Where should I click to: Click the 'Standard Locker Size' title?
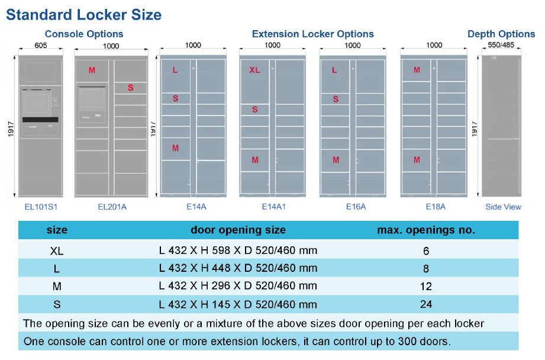point(83,14)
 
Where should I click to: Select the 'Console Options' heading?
point(84,34)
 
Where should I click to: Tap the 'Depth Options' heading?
point(501,34)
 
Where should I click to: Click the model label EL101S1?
point(41,207)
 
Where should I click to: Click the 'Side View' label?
point(503,207)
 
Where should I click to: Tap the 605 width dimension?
point(41,45)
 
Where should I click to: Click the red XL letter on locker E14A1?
point(254,70)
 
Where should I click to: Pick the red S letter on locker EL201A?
point(130,88)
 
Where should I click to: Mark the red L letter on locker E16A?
point(335,70)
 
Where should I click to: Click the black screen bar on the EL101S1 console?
point(40,120)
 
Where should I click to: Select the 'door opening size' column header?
point(238,230)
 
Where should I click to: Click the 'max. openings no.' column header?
point(426,230)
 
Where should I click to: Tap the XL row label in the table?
point(57,250)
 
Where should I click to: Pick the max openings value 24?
point(426,304)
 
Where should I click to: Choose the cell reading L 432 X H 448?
point(238,268)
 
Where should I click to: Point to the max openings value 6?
point(426,250)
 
